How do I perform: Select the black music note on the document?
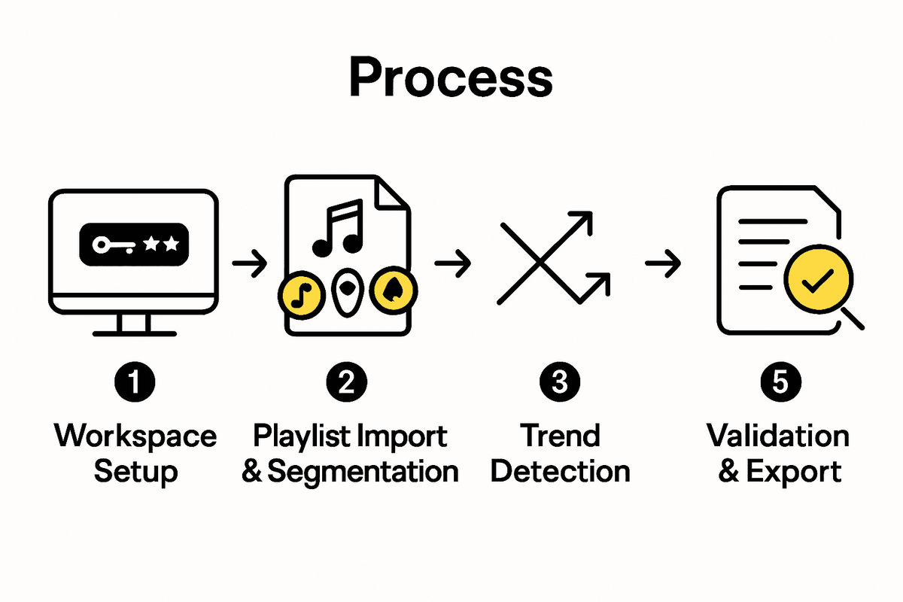pos(339,227)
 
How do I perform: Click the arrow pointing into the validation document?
pos(663,263)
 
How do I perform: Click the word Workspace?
pos(135,436)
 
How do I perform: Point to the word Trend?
pos(561,436)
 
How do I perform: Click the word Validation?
pos(778,436)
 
